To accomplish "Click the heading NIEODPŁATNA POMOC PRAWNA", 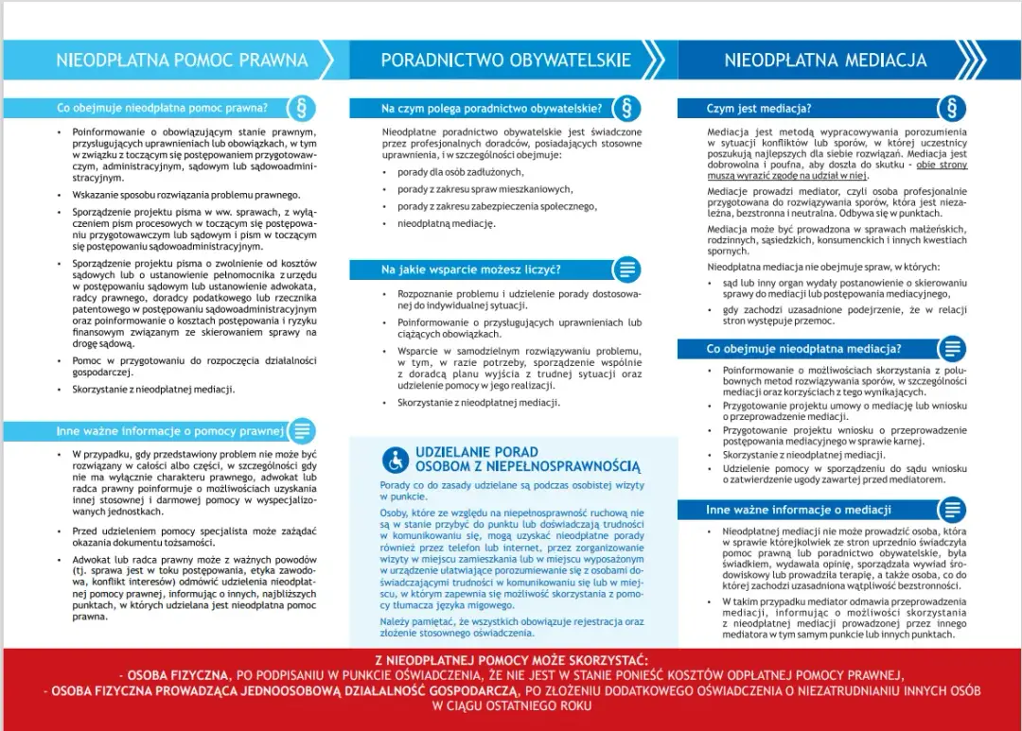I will (x=182, y=61).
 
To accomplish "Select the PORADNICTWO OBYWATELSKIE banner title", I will (x=505, y=61).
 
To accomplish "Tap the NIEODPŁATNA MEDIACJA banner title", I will (x=825, y=61).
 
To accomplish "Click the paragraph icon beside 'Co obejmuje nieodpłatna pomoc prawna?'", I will (x=302, y=107).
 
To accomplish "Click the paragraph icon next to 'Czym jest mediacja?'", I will (x=951, y=107).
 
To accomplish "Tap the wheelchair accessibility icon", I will (x=395, y=460).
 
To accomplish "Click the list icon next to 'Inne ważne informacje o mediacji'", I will (x=951, y=511).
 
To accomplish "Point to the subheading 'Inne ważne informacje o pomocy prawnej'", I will (x=170, y=431).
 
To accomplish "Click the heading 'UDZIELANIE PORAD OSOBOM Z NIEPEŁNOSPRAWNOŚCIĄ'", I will (x=527, y=459).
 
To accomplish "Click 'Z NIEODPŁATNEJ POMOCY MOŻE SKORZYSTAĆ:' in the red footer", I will (x=511, y=659).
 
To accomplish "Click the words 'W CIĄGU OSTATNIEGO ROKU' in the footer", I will (x=511, y=705).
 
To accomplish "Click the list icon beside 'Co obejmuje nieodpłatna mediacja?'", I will (x=951, y=349).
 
